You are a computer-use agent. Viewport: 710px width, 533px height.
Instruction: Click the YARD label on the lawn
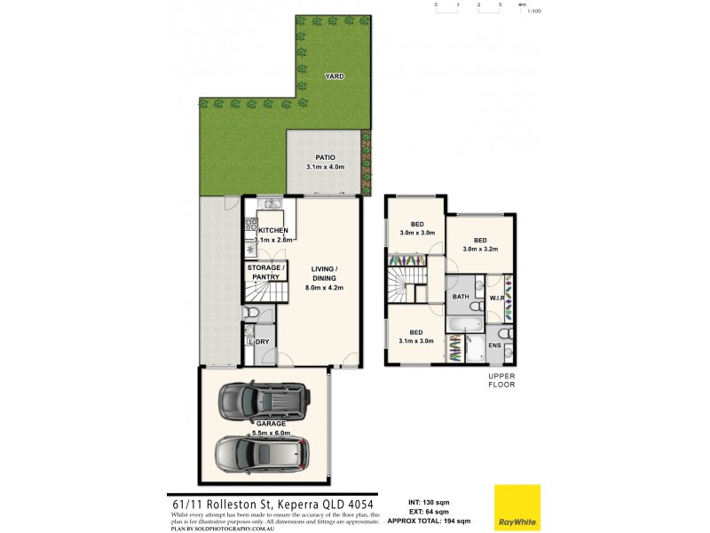tap(334, 76)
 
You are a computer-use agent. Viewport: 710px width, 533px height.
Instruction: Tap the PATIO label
tap(324, 157)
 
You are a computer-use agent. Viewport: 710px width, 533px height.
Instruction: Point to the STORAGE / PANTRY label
tap(265, 273)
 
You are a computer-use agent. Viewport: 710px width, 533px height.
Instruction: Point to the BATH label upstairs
tap(461, 297)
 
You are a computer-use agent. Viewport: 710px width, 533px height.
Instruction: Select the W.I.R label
tap(498, 297)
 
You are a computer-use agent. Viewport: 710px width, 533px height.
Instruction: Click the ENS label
tap(494, 345)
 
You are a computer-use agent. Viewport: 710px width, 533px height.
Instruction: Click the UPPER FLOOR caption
tap(501, 381)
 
